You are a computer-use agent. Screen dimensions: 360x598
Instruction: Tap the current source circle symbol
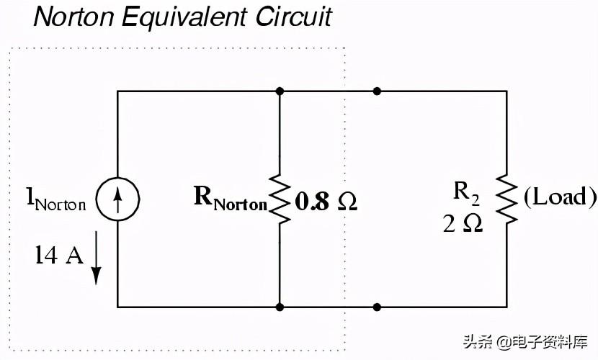tap(117, 198)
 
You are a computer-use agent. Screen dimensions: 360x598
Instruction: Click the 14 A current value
tap(59, 255)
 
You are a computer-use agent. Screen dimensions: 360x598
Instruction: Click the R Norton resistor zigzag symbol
tap(280, 199)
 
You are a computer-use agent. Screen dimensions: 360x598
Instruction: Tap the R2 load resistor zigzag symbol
tap(506, 199)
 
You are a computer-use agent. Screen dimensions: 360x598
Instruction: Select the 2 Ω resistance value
tap(463, 223)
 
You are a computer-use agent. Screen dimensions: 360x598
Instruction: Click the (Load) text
tap(559, 197)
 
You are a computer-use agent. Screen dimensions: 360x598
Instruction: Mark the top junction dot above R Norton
tap(280, 91)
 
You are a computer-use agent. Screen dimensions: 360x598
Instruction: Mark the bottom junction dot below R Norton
tap(280, 307)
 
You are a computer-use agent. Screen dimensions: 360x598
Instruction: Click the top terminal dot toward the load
tap(377, 91)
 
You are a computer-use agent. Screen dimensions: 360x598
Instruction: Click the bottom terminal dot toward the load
tap(377, 307)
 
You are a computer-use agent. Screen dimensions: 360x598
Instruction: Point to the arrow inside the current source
tap(117, 198)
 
